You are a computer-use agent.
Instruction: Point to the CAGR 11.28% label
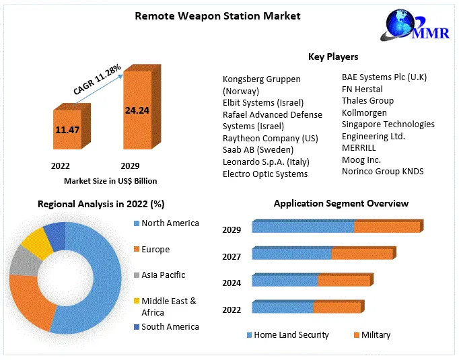pyautogui.click(x=98, y=79)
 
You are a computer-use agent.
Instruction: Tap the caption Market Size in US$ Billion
pyautogui.click(x=110, y=181)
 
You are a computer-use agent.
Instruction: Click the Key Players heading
pyautogui.click(x=333, y=57)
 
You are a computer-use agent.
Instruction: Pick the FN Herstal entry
pyautogui.click(x=362, y=89)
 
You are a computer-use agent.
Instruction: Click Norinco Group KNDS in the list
pyautogui.click(x=382, y=172)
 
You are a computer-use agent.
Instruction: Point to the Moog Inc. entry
pyautogui.click(x=361, y=159)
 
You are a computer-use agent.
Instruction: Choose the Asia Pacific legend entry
pyautogui.click(x=163, y=275)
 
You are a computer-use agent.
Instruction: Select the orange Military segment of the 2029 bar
pyautogui.click(x=386, y=227)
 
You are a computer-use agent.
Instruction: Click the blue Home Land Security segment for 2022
pyautogui.click(x=283, y=308)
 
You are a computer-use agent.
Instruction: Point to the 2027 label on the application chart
pyautogui.click(x=232, y=256)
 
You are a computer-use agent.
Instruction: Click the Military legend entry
pyautogui.click(x=376, y=334)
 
